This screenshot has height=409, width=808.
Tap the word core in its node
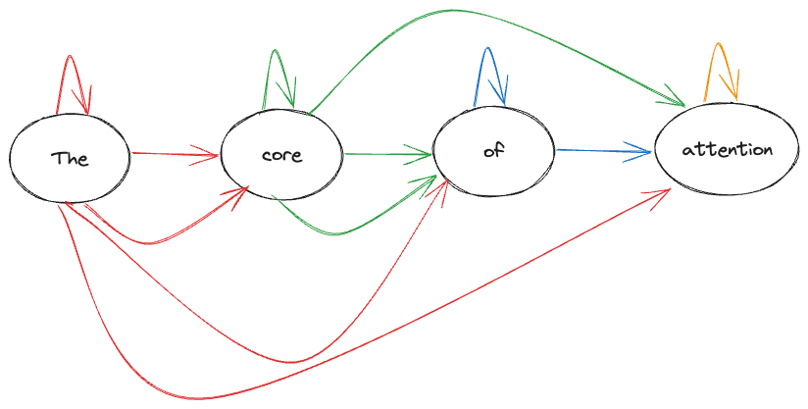(x=281, y=155)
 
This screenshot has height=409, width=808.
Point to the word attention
(x=727, y=150)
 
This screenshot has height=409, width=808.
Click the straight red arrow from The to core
(x=172, y=154)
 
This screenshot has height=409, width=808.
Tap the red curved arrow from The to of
(x=294, y=361)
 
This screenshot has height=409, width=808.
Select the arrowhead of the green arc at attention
(x=677, y=101)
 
